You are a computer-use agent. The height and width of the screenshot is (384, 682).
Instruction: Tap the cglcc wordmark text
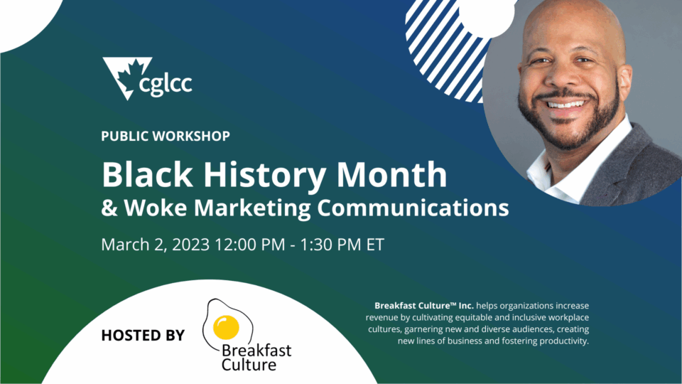(x=166, y=82)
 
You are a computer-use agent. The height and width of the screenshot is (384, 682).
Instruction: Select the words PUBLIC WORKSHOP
(x=166, y=137)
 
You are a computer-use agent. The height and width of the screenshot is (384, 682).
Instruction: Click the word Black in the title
(x=147, y=175)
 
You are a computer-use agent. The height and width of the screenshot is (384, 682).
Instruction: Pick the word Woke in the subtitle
(x=156, y=207)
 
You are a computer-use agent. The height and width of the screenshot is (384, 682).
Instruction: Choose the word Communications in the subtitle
(x=413, y=207)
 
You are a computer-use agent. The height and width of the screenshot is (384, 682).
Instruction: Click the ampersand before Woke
(x=109, y=208)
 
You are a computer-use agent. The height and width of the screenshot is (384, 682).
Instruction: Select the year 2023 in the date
(x=191, y=245)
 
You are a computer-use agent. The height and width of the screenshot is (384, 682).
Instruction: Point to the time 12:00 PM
(x=249, y=245)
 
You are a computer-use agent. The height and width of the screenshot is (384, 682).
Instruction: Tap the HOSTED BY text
(x=143, y=335)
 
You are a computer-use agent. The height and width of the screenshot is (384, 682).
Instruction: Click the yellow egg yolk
(x=226, y=327)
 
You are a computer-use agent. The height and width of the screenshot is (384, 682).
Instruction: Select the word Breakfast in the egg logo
(x=256, y=351)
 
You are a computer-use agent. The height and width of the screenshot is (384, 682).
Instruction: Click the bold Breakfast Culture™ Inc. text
(x=424, y=306)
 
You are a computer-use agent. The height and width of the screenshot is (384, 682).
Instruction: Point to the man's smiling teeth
(x=566, y=105)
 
